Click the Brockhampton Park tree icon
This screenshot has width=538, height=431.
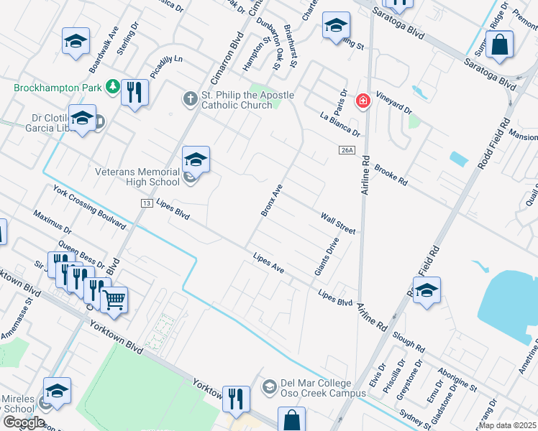pos(112,88)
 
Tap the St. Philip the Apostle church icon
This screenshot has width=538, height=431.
pos(190,98)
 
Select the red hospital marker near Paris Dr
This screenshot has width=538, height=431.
pos(363,101)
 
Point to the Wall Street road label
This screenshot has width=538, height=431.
pos(338,223)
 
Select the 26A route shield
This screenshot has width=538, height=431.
pos(347,149)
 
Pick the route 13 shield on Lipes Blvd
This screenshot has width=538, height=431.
pos(146,204)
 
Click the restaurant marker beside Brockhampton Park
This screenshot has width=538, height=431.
pos(134,91)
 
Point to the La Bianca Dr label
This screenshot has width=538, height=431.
pos(340,123)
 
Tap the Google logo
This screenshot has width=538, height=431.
pos(24,422)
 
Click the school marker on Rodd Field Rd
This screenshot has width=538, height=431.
pos(427,290)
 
